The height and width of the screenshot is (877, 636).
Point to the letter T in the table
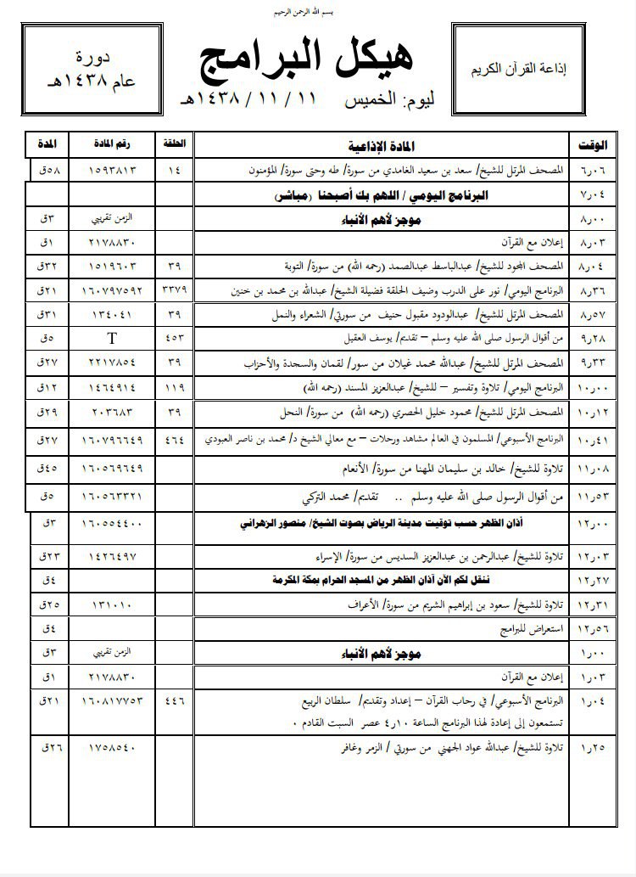[111, 339]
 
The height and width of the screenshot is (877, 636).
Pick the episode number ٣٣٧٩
[174, 290]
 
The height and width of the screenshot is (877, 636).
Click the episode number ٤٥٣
[174, 339]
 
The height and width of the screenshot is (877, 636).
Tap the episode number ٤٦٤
[174, 441]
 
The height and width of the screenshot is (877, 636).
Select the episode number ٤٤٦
[174, 701]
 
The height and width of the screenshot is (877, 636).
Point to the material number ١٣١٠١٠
[111, 606]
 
